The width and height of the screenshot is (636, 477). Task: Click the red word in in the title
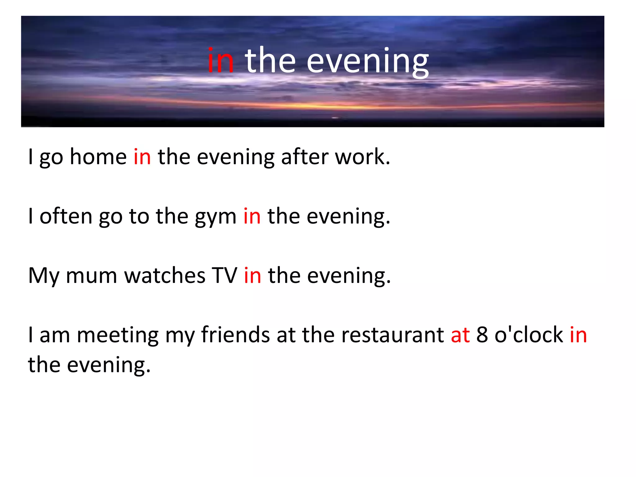click(x=220, y=61)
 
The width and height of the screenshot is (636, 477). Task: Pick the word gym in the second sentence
click(x=216, y=217)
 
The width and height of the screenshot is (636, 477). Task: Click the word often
click(x=66, y=216)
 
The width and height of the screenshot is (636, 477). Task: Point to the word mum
click(x=91, y=276)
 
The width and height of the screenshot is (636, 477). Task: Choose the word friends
click(x=235, y=335)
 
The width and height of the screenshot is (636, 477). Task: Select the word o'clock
click(x=529, y=335)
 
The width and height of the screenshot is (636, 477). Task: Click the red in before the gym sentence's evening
click(x=252, y=216)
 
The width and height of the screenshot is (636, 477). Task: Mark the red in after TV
click(x=252, y=275)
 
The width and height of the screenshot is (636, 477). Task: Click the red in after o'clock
click(x=578, y=335)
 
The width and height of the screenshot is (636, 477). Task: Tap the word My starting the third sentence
click(x=43, y=276)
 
